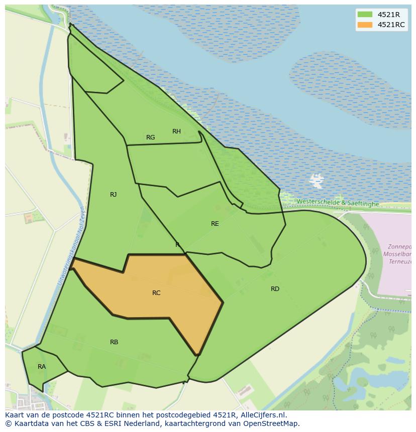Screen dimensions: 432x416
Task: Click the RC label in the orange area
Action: pyautogui.click(x=156, y=293)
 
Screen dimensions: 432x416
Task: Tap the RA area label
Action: pyautogui.click(x=42, y=367)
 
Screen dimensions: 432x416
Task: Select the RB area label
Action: pyautogui.click(x=114, y=342)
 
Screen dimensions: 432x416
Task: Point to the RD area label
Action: pyautogui.click(x=275, y=289)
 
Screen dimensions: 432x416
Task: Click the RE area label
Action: pyautogui.click(x=215, y=224)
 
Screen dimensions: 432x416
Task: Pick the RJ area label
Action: pyautogui.click(x=114, y=195)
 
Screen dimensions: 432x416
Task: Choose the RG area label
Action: pyautogui.click(x=151, y=137)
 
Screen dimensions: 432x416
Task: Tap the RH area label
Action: pyautogui.click(x=176, y=131)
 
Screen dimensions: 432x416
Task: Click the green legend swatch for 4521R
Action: pyautogui.click(x=365, y=15)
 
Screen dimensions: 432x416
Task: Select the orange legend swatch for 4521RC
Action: pyautogui.click(x=365, y=25)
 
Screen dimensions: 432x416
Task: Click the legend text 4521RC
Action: pyautogui.click(x=391, y=25)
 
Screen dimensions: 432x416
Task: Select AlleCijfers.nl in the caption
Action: pyautogui.click(x=262, y=415)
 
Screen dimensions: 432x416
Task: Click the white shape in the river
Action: pyautogui.click(x=317, y=179)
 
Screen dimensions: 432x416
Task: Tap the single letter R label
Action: pyautogui.click(x=177, y=245)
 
